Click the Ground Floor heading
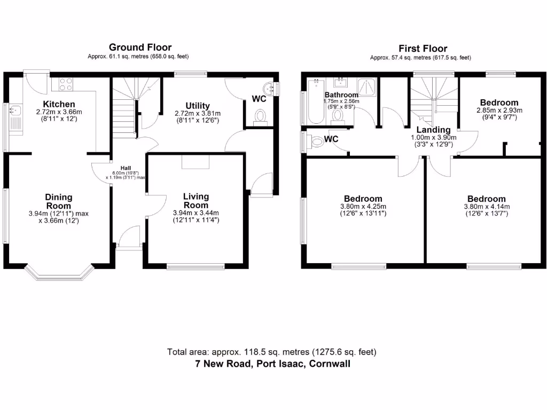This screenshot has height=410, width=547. click(140, 48)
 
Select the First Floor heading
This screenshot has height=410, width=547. click(423, 49)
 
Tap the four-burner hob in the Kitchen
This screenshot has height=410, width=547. click(66, 84)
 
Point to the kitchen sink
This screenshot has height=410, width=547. click(14, 111)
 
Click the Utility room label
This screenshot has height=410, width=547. click(197, 106)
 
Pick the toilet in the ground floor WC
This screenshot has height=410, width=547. click(260, 116)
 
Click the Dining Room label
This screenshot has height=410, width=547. click(59, 201)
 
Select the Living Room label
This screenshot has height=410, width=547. click(196, 201)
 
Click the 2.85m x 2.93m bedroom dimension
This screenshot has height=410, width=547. click(498, 111)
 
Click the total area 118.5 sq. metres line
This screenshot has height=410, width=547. click(272, 352)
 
